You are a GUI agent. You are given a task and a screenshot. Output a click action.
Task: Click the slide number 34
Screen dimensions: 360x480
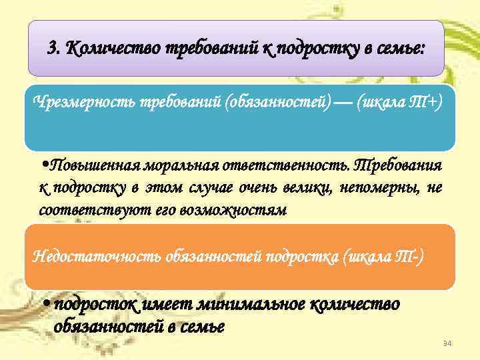(448, 343)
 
